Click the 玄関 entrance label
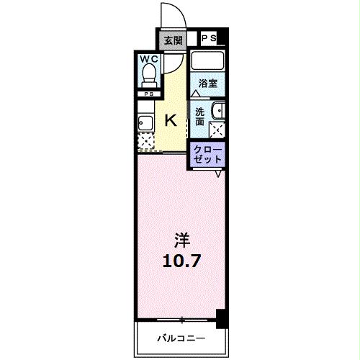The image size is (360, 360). pos(173,40)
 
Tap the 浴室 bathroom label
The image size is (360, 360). pos(208,83)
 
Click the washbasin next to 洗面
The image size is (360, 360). pos(219,111)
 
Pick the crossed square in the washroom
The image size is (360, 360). pos(217,130)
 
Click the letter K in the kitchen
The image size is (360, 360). pos(173,120)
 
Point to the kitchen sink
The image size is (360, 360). pos(144,122)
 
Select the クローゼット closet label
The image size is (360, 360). pos(207,153)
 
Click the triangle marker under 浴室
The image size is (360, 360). pos(197,94)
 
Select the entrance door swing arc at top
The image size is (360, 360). pos(171,13)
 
